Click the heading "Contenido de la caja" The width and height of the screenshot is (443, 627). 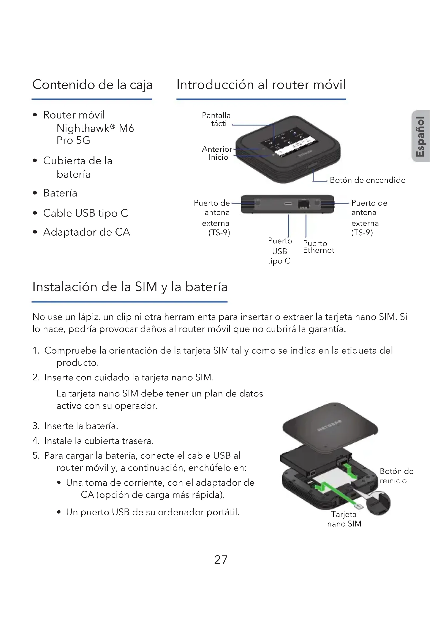point(92,84)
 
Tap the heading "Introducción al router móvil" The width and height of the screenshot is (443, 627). point(261,84)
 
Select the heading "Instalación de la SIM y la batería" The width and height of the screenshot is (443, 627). point(130,287)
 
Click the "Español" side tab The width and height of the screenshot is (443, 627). point(420,136)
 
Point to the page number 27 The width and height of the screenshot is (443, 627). point(221,560)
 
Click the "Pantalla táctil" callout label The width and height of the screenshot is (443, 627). point(217,119)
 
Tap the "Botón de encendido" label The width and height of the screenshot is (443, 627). point(367,180)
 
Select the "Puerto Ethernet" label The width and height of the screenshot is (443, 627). point(318,247)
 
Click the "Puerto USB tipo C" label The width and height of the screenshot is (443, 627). point(280,251)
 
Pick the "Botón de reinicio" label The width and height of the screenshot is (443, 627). point(396,476)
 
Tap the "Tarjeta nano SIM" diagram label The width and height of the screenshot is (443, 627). point(344,519)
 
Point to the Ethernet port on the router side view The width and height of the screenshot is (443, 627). point(304,204)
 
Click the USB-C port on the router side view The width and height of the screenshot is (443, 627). point(288,204)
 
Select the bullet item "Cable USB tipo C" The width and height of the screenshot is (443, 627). point(85,213)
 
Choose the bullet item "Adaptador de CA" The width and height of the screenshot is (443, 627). point(87,232)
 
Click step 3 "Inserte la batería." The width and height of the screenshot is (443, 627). point(81,426)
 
